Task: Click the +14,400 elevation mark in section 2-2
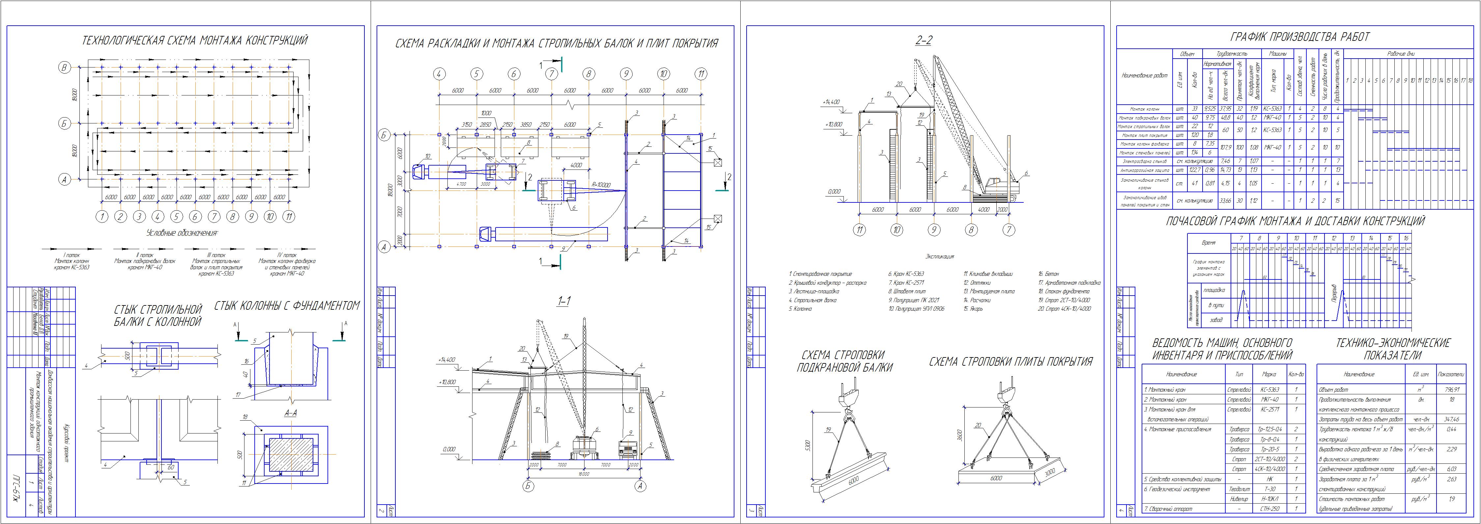pyautogui.click(x=831, y=102)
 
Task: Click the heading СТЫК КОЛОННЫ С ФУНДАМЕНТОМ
pyautogui.click(x=287, y=306)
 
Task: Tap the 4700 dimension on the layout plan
pyautogui.click(x=461, y=184)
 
